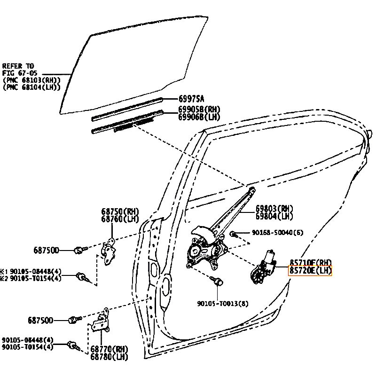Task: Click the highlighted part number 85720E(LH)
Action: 310,270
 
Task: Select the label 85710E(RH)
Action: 311,262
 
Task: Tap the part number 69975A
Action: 191,99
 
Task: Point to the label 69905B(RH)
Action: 199,109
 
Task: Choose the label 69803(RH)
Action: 274,209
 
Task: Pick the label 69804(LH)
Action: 274,216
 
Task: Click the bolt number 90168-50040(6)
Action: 277,233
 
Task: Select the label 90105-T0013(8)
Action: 223,303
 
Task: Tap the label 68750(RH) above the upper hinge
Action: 120,212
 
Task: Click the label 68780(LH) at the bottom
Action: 109,357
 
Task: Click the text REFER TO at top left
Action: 18,66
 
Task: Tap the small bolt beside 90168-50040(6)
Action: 233,233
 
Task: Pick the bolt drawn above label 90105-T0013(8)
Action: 219,282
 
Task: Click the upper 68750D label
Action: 46,251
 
